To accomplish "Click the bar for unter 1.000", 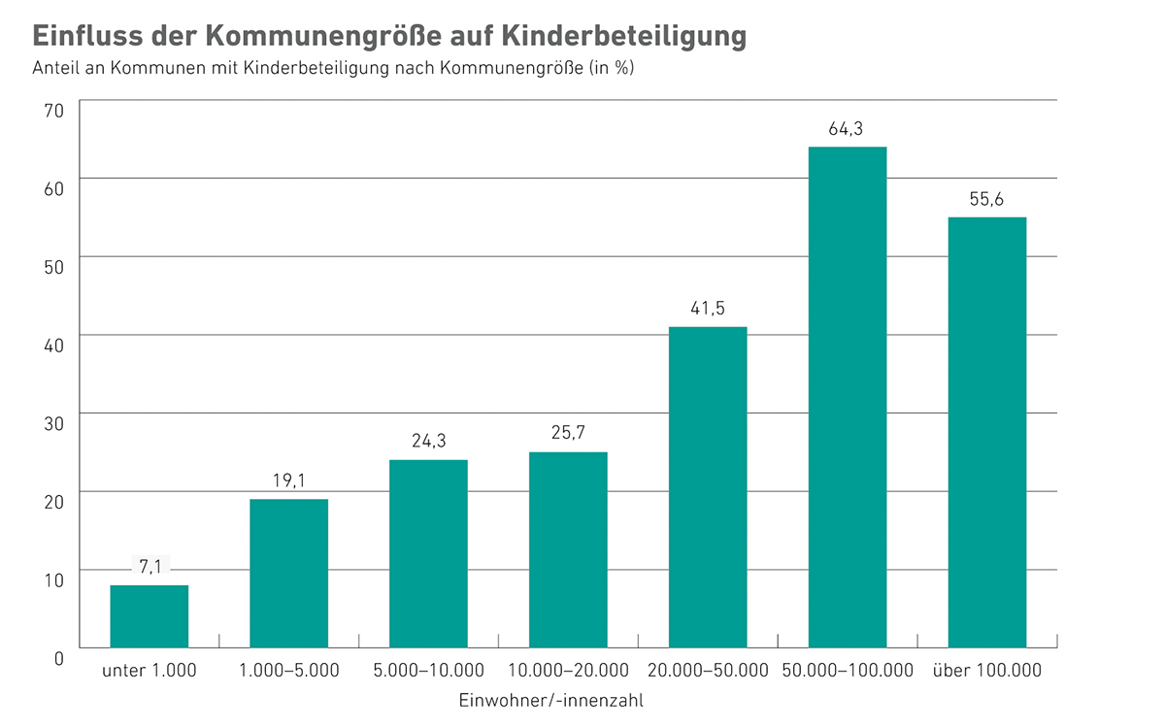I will pyautogui.click(x=150, y=616).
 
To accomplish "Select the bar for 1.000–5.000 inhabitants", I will pyautogui.click(x=288, y=573).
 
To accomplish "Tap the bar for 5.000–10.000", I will pyautogui.click(x=428, y=553).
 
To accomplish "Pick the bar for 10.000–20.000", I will pyautogui.click(x=568, y=549).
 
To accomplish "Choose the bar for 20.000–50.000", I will pyautogui.click(x=708, y=487).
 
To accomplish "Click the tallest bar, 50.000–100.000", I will pyautogui.click(x=848, y=397).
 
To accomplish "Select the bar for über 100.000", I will pyautogui.click(x=987, y=432).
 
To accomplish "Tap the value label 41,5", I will pyautogui.click(x=708, y=309).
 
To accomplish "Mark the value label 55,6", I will pyautogui.click(x=987, y=199).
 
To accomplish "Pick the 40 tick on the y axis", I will pyautogui.click(x=53, y=346).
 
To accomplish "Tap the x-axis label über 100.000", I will pyautogui.click(x=986, y=671).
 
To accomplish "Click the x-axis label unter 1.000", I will pyautogui.click(x=150, y=671).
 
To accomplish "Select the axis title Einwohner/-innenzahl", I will pyautogui.click(x=550, y=699).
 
